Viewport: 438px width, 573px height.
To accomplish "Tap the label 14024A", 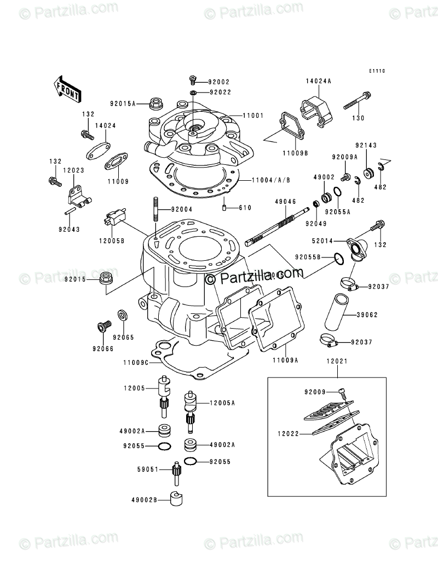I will point(319,81).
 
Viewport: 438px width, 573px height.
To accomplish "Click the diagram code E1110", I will point(377,71).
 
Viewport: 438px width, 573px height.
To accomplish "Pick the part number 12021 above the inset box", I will point(337,362).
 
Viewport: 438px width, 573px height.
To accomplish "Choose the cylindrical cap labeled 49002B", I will point(176,500).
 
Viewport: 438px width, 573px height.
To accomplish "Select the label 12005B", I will point(112,240).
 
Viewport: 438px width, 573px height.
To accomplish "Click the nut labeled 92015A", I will point(156,102).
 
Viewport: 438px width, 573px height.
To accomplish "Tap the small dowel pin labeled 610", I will point(225,208).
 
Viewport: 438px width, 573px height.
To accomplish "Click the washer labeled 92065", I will point(123,316).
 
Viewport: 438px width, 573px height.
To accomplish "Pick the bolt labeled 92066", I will point(101,327).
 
